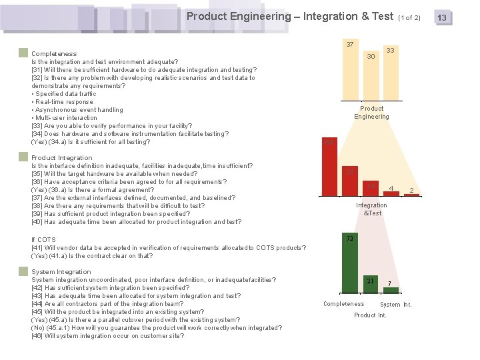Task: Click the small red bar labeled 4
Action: coord(391,193)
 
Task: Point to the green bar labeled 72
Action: coord(349,263)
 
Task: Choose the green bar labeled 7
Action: coord(391,290)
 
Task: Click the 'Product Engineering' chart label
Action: coord(371,113)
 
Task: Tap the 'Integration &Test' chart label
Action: coord(372,209)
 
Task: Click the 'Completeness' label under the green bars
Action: coord(343,304)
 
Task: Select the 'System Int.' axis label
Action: coord(396,305)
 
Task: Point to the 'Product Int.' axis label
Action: coord(370,315)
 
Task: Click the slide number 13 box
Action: coord(441,17)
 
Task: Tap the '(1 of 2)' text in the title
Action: coord(409,17)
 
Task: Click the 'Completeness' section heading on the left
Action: coord(54,53)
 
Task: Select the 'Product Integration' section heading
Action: coord(62,158)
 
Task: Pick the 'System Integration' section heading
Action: coord(61,272)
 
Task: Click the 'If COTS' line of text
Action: coord(43,240)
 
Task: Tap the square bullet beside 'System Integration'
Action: coord(23,271)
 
